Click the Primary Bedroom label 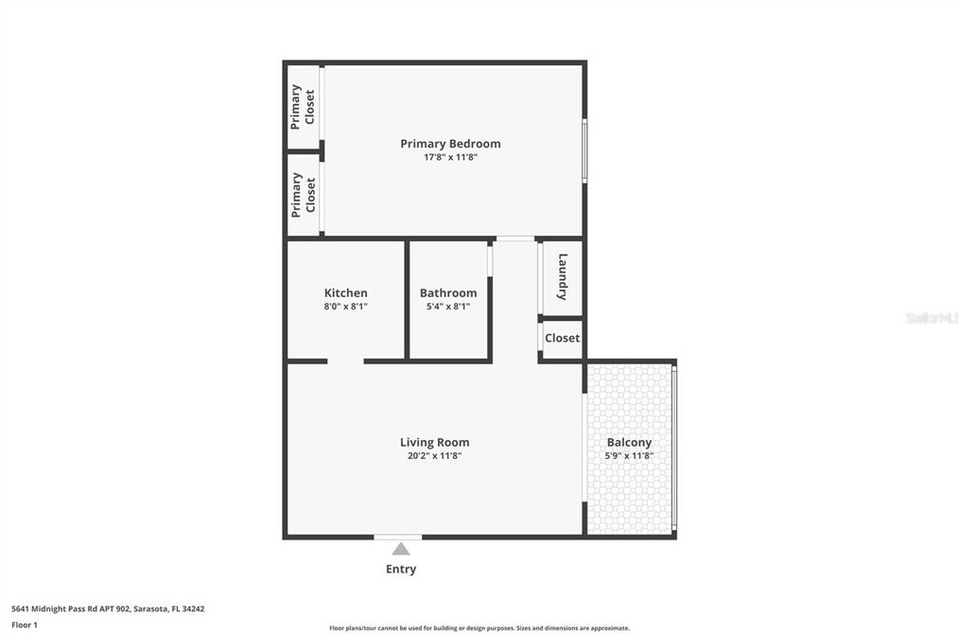click(x=450, y=144)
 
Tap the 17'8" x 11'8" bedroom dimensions click(x=450, y=158)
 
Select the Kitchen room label click(x=345, y=293)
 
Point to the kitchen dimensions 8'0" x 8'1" click(x=345, y=307)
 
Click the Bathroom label click(x=448, y=293)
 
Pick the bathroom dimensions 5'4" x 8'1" click(x=448, y=307)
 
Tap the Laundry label click(x=562, y=276)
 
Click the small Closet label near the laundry click(x=562, y=338)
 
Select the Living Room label click(x=434, y=442)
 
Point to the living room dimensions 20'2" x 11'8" click(x=434, y=456)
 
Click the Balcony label click(x=629, y=442)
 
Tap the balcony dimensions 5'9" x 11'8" click(x=629, y=456)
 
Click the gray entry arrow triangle click(x=401, y=549)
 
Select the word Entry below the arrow click(x=401, y=569)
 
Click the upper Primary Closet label click(x=303, y=106)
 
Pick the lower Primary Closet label click(x=303, y=194)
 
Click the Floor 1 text click(x=25, y=625)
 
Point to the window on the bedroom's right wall click(x=584, y=150)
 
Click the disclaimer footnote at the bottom click(x=479, y=628)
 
